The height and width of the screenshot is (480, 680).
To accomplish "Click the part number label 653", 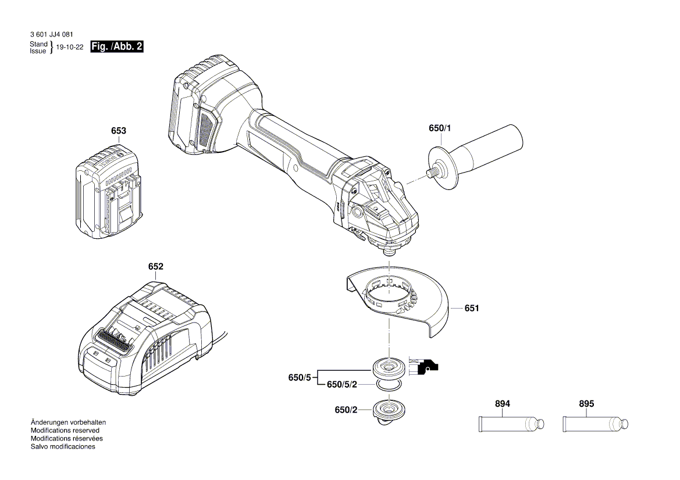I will pyautogui.click(x=118, y=131).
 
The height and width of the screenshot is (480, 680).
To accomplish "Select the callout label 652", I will pyautogui.click(x=155, y=267).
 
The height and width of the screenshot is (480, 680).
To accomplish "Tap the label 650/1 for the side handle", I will pyautogui.click(x=440, y=128).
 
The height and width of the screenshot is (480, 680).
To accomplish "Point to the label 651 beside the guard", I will pyautogui.click(x=472, y=308).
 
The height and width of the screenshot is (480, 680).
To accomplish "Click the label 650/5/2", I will pyautogui.click(x=341, y=385).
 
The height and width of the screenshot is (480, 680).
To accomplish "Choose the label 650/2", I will pyautogui.click(x=346, y=410).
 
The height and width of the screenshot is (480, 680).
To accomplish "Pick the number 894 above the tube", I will pyautogui.click(x=503, y=404).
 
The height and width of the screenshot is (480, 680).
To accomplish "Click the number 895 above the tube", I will pyautogui.click(x=587, y=404).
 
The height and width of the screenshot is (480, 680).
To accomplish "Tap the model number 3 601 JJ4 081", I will pyautogui.click(x=51, y=35).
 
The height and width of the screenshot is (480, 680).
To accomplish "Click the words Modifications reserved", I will pyautogui.click(x=65, y=431).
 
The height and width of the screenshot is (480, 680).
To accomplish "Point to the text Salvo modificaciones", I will pyautogui.click(x=62, y=447).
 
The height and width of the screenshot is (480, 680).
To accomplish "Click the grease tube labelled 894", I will pyautogui.click(x=511, y=424).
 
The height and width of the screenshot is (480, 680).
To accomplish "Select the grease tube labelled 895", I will pyautogui.click(x=596, y=424).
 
